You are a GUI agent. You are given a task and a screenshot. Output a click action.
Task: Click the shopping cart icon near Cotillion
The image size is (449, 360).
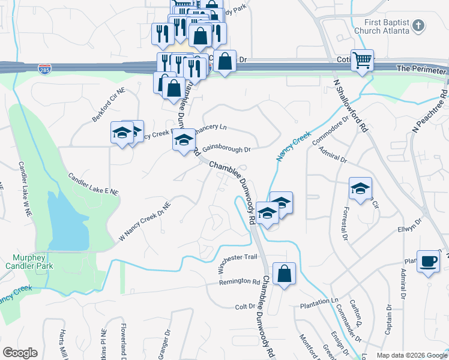coord(362,61)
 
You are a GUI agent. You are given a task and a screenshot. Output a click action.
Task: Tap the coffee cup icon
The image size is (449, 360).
coord(428,262)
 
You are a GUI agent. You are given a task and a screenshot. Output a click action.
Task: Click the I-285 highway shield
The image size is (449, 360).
coord(44,68)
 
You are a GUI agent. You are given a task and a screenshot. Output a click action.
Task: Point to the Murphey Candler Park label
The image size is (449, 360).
coord(29,262)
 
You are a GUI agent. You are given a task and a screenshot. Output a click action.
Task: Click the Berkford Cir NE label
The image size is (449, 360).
coord(109,106)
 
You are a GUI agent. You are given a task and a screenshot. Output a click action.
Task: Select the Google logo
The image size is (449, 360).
coord(20,353)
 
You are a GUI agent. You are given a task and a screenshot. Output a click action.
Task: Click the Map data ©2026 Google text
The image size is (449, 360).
coord(412,355)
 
